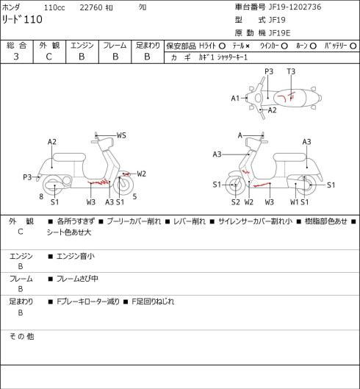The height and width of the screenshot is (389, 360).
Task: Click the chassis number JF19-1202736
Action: [295, 7]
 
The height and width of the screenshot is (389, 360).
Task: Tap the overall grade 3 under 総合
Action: [16, 57]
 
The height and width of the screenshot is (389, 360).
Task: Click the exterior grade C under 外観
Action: [48, 57]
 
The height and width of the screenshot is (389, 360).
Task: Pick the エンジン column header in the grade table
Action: [82, 46]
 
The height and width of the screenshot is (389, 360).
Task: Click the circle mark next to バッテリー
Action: [353, 46]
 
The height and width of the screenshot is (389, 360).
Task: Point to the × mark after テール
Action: [248, 46]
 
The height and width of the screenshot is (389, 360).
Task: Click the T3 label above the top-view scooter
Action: [291, 71]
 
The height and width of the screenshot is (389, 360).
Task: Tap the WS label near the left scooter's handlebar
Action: [121, 135]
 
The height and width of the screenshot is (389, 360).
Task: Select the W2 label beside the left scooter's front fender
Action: [142, 174]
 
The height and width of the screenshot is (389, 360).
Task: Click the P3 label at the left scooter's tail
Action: [27, 177]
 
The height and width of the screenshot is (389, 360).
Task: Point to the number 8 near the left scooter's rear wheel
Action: [41, 197]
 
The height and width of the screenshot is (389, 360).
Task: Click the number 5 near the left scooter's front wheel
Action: [134, 197]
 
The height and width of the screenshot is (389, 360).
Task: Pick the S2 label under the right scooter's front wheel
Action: [236, 202]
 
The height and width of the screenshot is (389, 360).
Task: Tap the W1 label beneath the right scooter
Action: [295, 202]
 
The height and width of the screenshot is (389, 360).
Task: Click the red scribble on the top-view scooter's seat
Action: [287, 97]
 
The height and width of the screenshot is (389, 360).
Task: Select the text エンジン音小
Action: [76, 256]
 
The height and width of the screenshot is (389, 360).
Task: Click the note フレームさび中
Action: [77, 279]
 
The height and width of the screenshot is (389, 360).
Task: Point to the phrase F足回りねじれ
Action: [153, 301]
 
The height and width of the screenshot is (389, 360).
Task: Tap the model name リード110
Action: [22, 19]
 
